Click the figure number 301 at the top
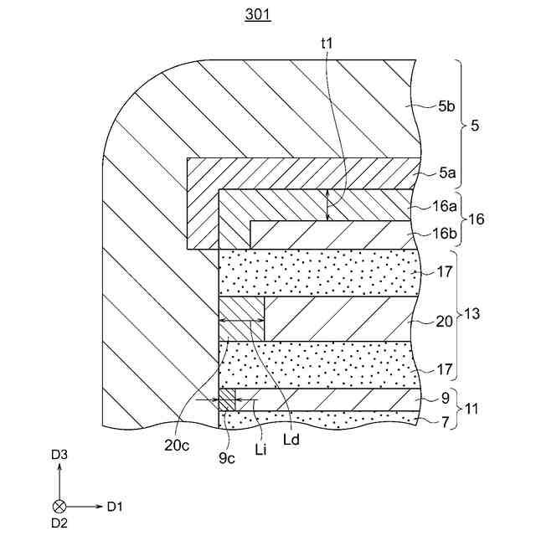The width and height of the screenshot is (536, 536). [259, 15]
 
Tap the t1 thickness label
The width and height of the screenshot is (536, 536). [327, 42]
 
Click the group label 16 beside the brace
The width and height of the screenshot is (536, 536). [478, 219]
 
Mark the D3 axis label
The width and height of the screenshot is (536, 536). [59, 455]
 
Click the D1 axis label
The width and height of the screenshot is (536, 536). [115, 506]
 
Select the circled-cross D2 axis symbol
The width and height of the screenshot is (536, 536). [59, 506]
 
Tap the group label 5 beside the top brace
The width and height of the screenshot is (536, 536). [476, 126]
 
